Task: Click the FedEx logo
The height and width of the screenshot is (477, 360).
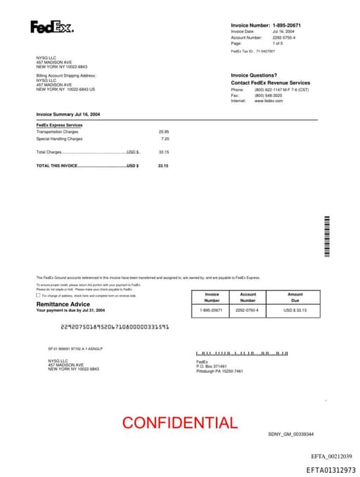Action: (51, 27)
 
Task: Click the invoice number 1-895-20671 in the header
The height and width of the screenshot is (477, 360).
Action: (287, 25)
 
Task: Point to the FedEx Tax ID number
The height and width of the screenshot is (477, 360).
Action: (265, 51)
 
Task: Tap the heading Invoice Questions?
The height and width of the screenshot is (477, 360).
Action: (254, 75)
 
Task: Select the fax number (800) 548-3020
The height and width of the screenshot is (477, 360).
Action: (268, 96)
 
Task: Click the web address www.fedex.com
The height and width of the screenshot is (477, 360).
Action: (268, 101)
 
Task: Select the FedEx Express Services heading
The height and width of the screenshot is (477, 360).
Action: (59, 125)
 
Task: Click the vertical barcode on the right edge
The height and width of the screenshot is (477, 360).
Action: (326, 236)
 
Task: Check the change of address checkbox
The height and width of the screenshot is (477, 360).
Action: (38, 295)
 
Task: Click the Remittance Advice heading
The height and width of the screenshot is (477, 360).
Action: (63, 304)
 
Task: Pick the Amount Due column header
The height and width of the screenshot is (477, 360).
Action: (295, 298)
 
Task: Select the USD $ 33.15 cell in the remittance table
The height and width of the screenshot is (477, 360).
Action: (295, 310)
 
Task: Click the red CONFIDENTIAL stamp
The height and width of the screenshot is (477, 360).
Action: (180, 422)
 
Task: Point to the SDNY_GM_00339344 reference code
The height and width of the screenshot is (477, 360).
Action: (291, 434)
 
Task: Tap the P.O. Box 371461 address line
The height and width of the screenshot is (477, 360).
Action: (212, 367)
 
